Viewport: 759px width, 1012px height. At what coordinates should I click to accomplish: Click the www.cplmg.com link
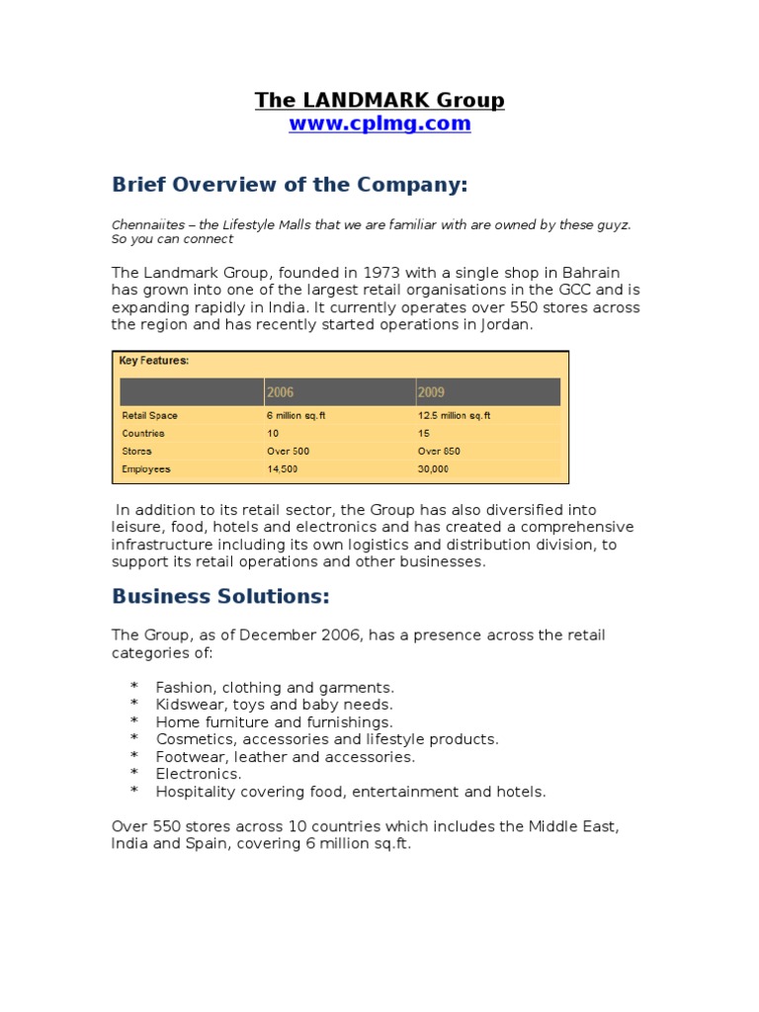click(x=379, y=125)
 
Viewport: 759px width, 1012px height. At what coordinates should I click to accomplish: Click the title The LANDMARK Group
click(x=379, y=100)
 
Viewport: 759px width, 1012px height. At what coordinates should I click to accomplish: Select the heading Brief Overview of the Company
click(x=275, y=185)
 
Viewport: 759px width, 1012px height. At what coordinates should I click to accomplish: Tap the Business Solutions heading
click(x=220, y=596)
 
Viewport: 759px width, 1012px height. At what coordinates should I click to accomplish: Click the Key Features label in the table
click(x=153, y=361)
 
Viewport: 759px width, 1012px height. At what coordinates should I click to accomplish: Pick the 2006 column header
click(x=280, y=392)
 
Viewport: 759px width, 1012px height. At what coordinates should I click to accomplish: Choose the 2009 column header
click(x=432, y=392)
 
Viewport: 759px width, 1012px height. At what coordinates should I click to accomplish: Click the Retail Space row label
click(x=149, y=416)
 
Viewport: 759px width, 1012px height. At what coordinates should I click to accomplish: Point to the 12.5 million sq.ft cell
click(x=454, y=416)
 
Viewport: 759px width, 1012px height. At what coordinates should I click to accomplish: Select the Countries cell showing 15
click(x=424, y=434)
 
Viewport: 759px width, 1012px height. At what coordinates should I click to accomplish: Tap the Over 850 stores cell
click(x=439, y=452)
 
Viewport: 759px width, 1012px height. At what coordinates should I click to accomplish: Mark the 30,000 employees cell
click(x=433, y=469)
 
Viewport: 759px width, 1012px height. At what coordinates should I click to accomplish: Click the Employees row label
click(x=146, y=469)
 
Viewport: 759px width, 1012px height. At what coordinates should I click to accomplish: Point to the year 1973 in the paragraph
click(x=380, y=272)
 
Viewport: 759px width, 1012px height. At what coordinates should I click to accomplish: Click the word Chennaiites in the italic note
click(x=145, y=225)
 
